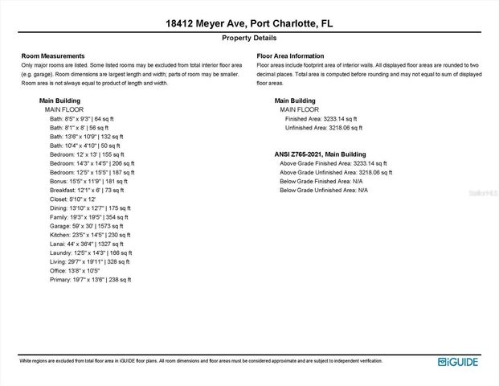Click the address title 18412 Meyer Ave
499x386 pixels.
point(249,24)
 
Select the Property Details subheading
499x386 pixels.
point(249,38)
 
